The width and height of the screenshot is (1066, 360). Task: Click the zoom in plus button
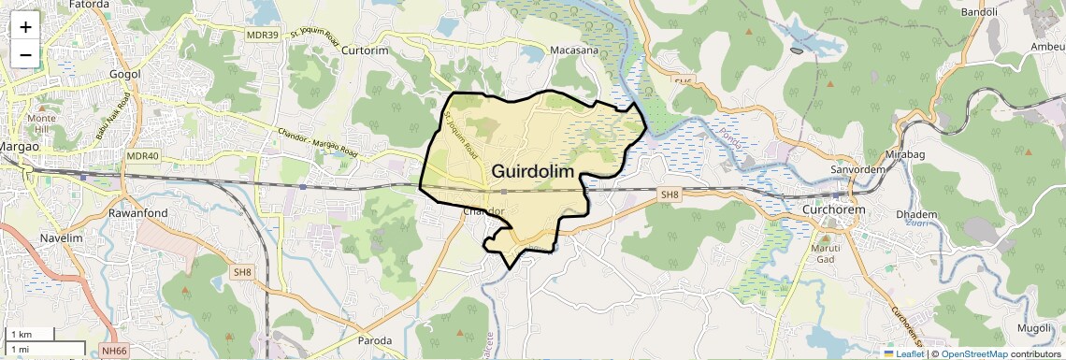coord(25,26)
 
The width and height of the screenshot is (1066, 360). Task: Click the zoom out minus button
coord(25,54)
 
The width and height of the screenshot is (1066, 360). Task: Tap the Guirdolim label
coord(532,171)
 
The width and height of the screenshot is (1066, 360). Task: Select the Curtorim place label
coord(365,50)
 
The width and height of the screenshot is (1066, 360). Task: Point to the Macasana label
coord(574,50)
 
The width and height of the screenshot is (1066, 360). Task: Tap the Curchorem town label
coord(834,210)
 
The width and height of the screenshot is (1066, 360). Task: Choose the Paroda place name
coord(375,340)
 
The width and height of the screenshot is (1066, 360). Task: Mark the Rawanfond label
coord(137,213)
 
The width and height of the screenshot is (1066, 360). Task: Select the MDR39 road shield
coord(263,35)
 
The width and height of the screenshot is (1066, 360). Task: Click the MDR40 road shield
coord(142,156)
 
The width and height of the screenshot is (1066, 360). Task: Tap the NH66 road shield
coord(114,351)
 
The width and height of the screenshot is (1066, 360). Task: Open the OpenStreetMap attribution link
coord(973,353)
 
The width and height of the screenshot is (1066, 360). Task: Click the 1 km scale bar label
coord(21,335)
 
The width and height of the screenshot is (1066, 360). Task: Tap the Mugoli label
coord(1035,328)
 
